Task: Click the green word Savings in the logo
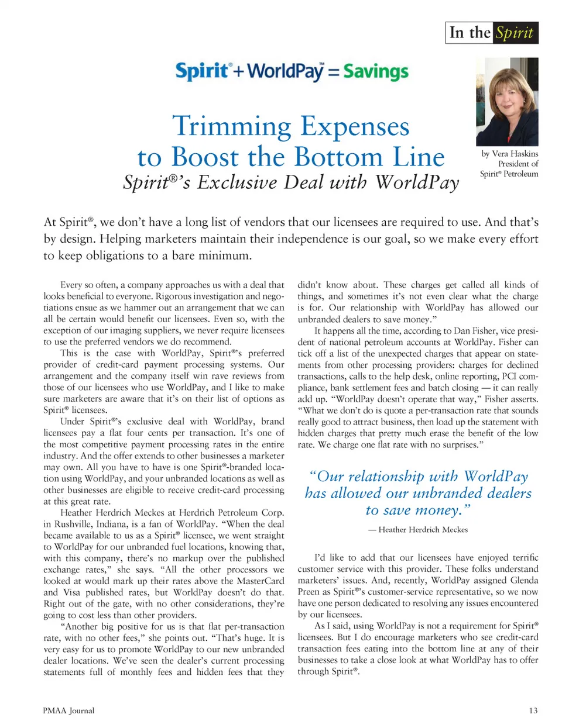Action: (x=376, y=72)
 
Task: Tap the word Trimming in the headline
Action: (x=231, y=127)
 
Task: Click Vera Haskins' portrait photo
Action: (x=507, y=102)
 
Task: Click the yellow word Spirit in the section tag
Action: (x=515, y=33)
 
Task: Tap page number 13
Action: (x=533, y=710)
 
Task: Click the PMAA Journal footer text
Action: (x=68, y=710)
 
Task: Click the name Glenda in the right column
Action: (x=523, y=580)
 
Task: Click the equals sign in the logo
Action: (x=333, y=73)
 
